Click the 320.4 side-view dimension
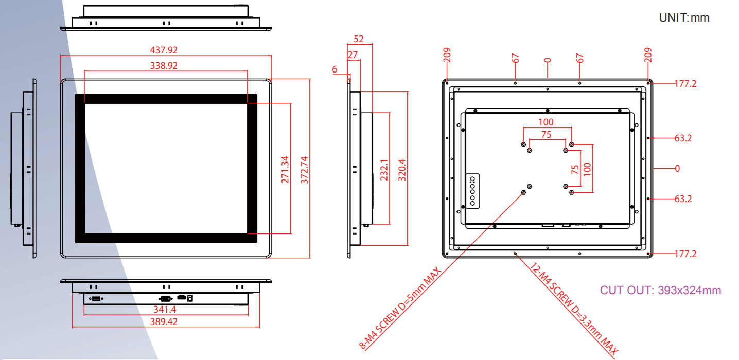402,170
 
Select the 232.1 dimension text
384,170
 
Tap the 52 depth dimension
359,39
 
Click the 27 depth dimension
353,55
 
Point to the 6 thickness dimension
335,69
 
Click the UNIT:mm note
684,18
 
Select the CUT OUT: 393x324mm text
660,290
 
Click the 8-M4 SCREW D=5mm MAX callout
401,308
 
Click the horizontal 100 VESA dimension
546,122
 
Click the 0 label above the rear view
548,60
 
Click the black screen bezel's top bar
166,98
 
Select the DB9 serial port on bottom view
165,298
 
